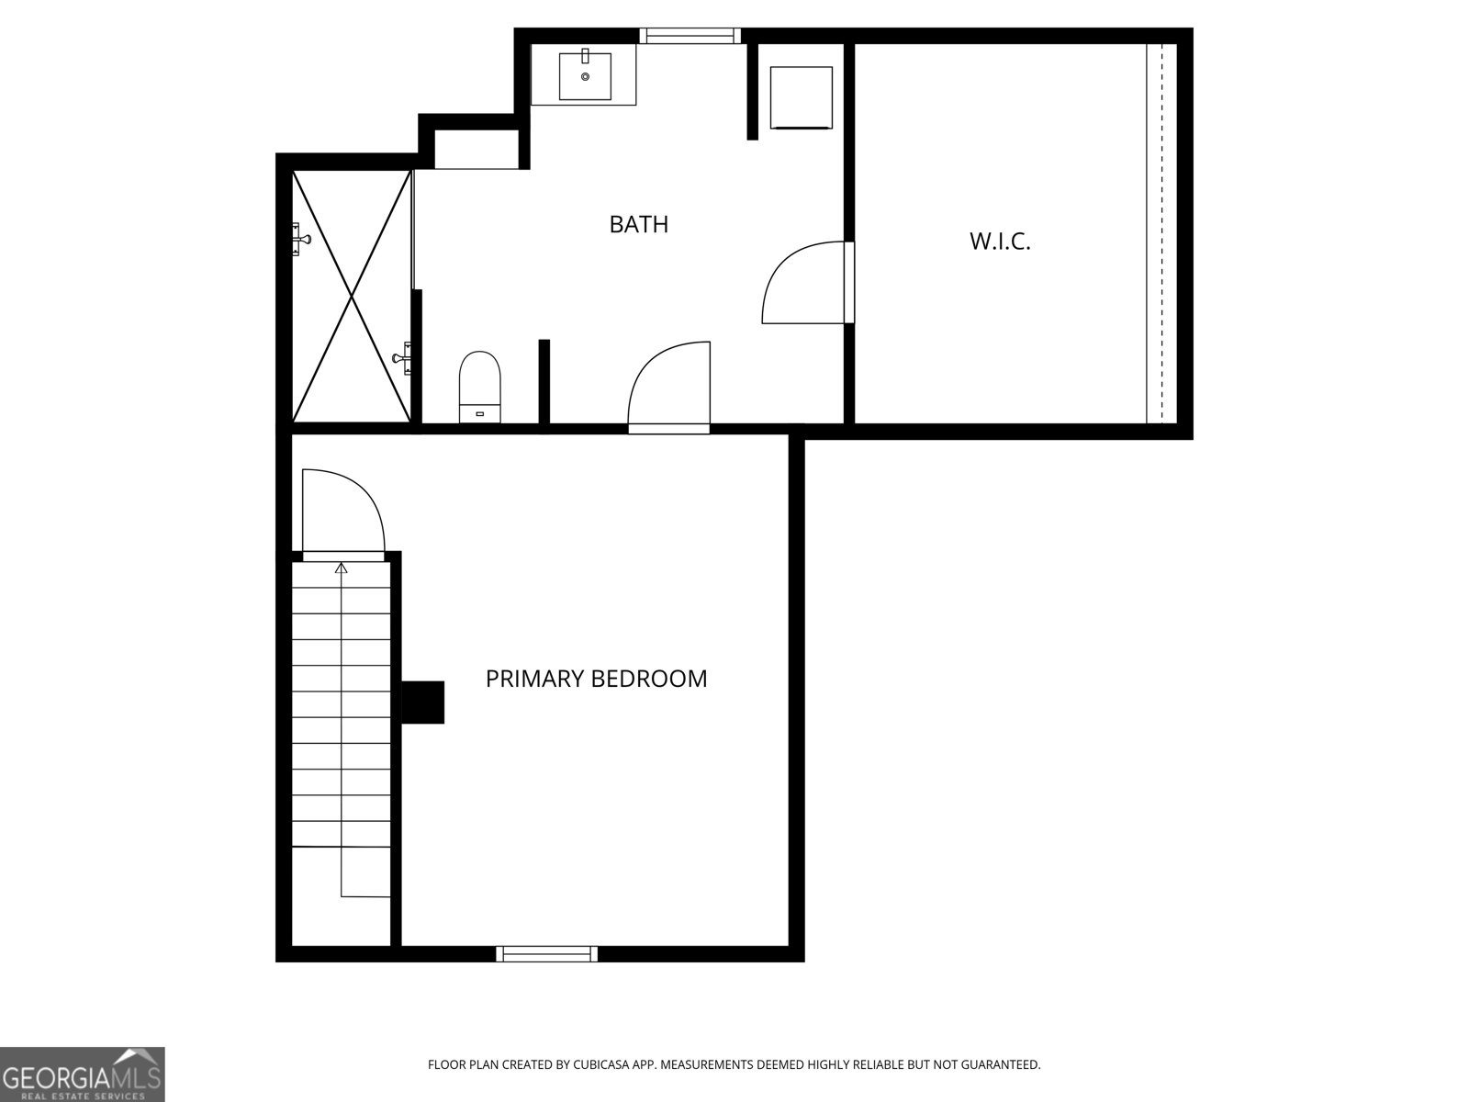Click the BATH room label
pyautogui.click(x=638, y=224)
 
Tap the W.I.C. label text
pyautogui.click(x=1000, y=242)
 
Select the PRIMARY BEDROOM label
pyautogui.click(x=596, y=679)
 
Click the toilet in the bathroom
pyautogui.click(x=480, y=386)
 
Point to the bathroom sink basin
pyautogui.click(x=585, y=75)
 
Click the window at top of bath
pyautogui.click(x=690, y=36)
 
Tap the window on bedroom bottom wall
pyautogui.click(x=546, y=954)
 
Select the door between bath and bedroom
pyautogui.click(x=669, y=386)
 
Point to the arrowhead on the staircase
pyautogui.click(x=342, y=568)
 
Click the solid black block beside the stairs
pyautogui.click(x=423, y=703)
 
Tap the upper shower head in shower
pyautogui.click(x=301, y=240)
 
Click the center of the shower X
pyautogui.click(x=352, y=296)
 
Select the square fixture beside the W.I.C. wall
pyautogui.click(x=801, y=97)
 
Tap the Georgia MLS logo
pyautogui.click(x=82, y=1074)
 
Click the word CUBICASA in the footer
pyautogui.click(x=600, y=1065)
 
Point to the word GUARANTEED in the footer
pyautogui.click(x=1000, y=1065)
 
